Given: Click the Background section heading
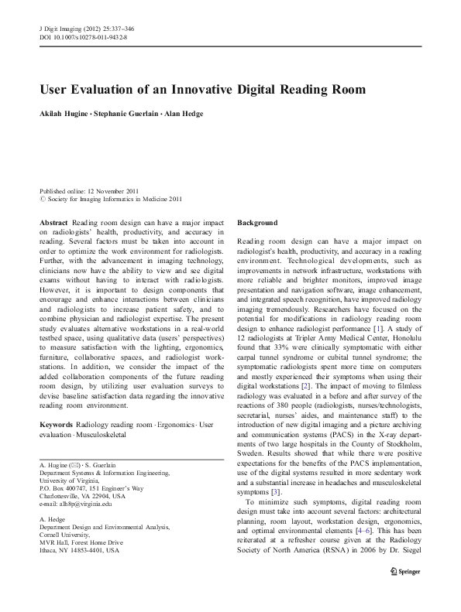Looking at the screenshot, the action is click(256, 222).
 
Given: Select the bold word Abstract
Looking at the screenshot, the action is click(53, 222).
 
